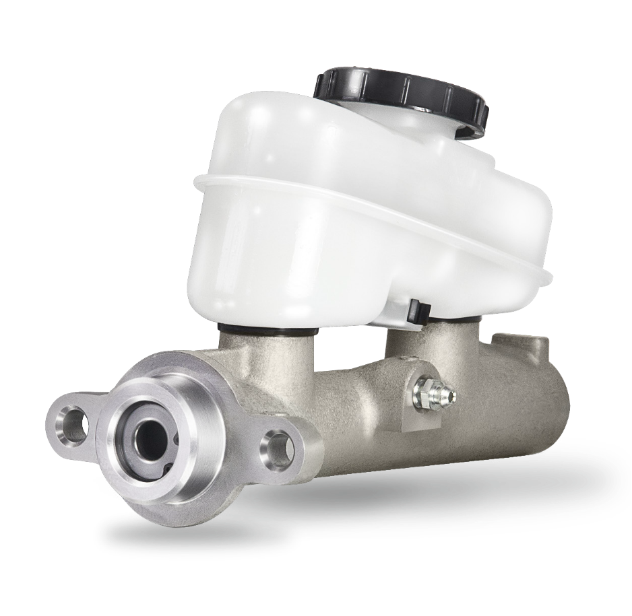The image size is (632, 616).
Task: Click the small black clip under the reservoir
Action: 418,310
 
